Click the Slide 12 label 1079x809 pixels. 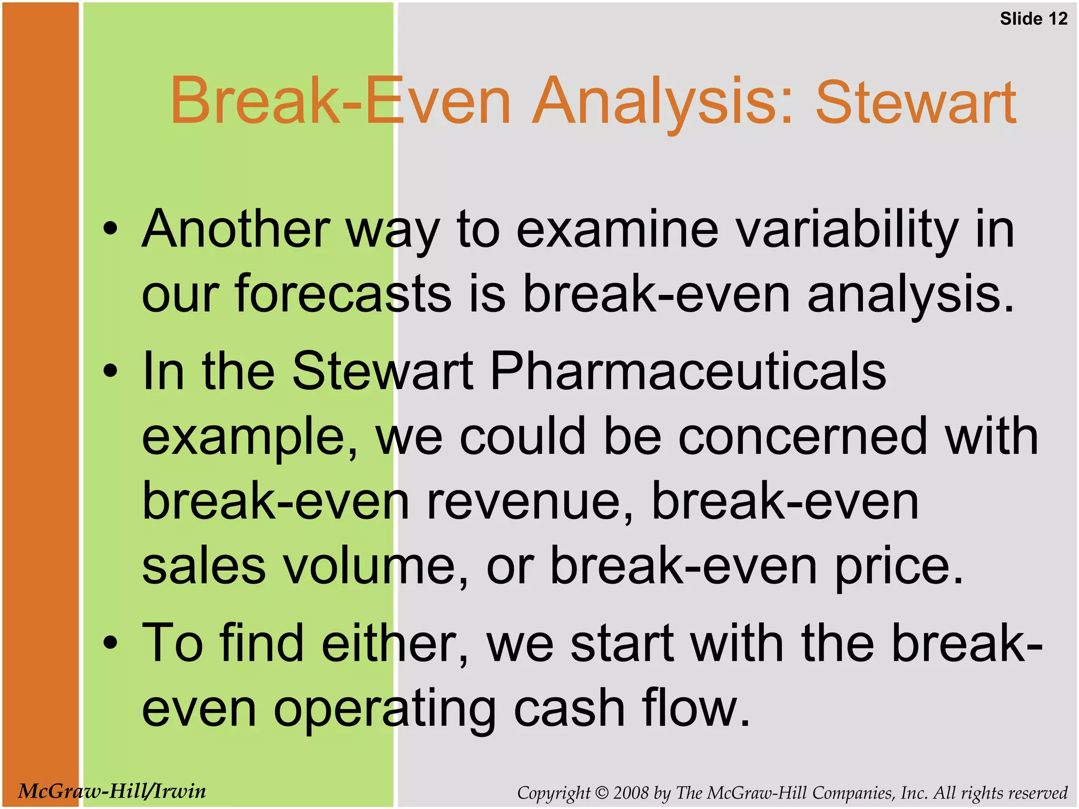pyautogui.click(x=1033, y=19)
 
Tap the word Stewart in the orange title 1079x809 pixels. pyautogui.click(x=916, y=102)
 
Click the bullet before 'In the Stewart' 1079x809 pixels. pyautogui.click(x=110, y=371)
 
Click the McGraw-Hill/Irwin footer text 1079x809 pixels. pyautogui.click(x=112, y=791)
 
